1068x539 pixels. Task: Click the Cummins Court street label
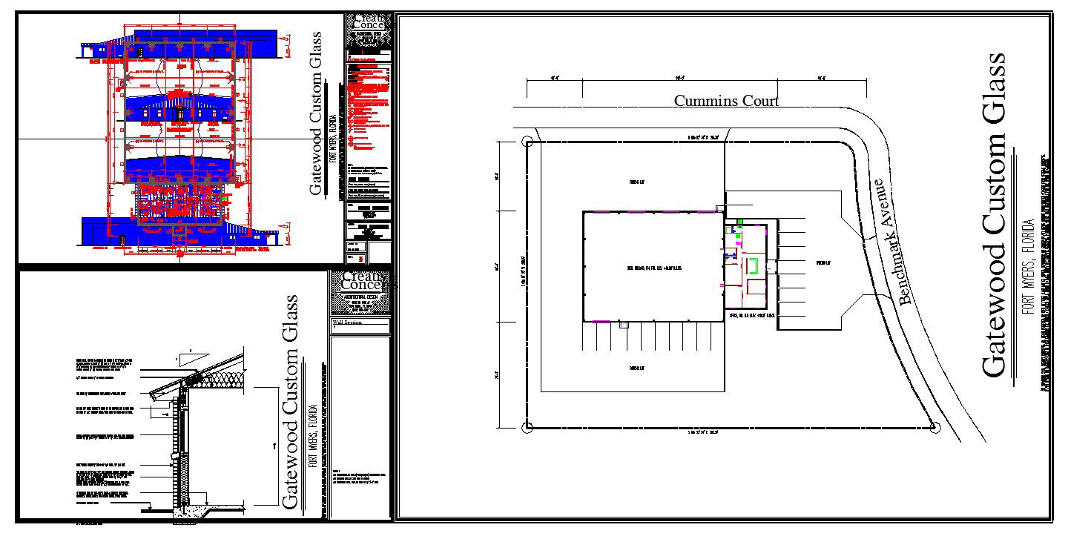point(726,101)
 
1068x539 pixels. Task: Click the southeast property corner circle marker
point(934,427)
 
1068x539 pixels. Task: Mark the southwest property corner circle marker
point(527,427)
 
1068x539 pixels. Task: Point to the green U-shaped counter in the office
point(753,265)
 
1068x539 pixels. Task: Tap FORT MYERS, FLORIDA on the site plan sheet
point(1028,268)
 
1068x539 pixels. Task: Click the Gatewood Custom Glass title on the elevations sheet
point(316,113)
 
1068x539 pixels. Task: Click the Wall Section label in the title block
point(349,323)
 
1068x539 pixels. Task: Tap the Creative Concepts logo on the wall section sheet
point(360,281)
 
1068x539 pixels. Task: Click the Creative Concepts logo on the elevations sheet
point(369,22)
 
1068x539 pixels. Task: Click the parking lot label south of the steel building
point(635,368)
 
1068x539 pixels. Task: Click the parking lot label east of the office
point(823,263)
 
